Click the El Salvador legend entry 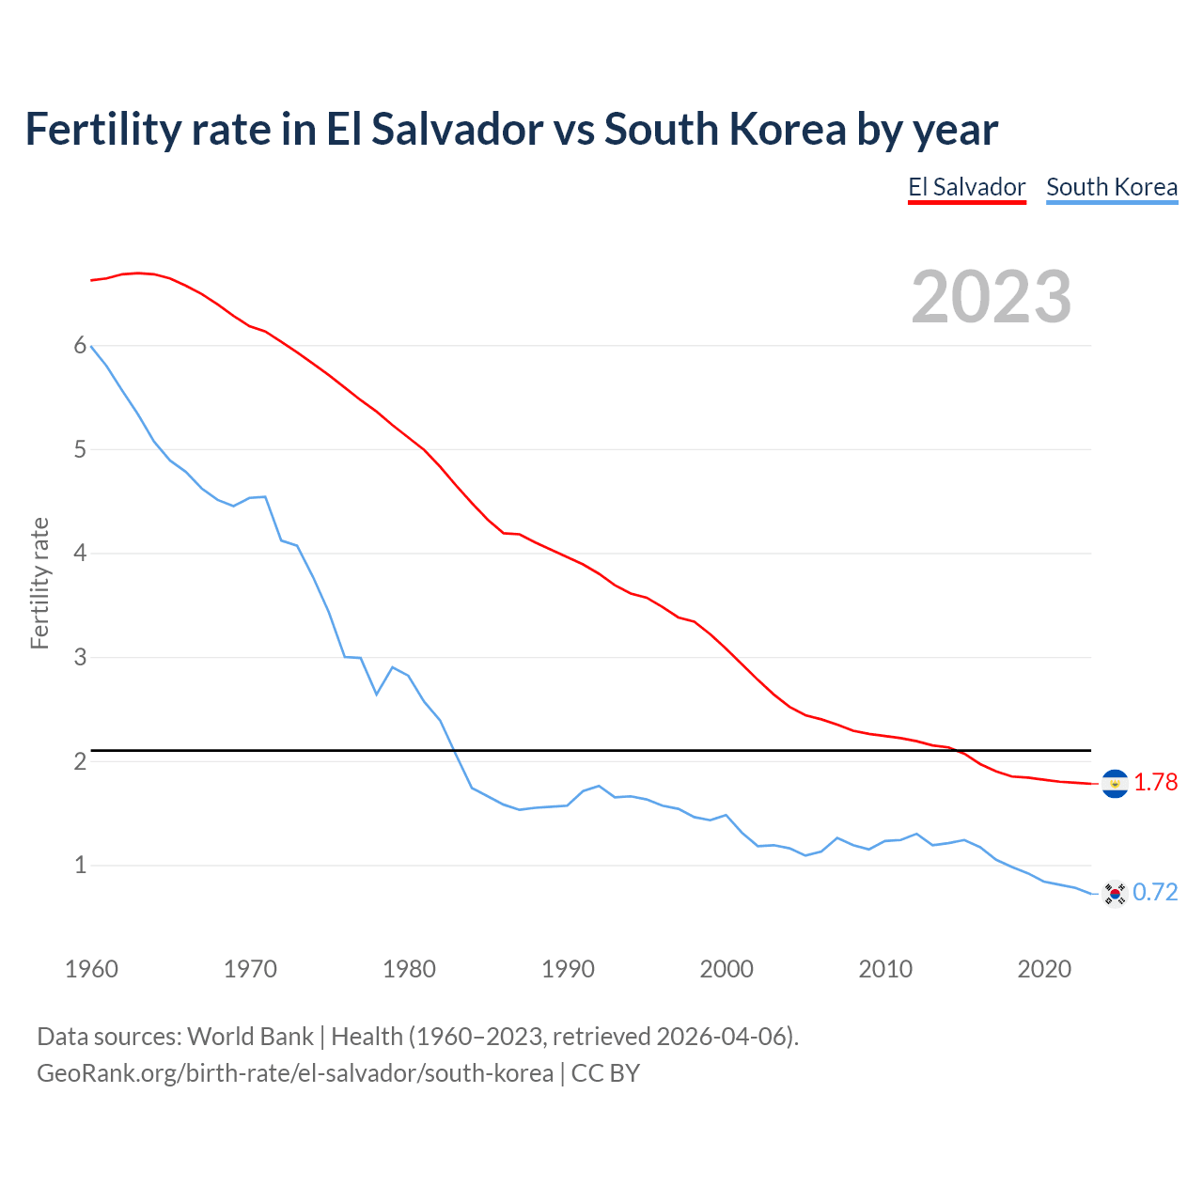click(x=966, y=187)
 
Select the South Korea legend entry click(x=1112, y=187)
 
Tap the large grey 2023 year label click(x=992, y=297)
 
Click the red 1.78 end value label click(x=1155, y=782)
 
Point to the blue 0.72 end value click(x=1155, y=892)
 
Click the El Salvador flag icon click(x=1115, y=783)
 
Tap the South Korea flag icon click(x=1115, y=893)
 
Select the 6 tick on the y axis click(x=80, y=346)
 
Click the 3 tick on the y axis click(x=80, y=657)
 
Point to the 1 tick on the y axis click(x=80, y=865)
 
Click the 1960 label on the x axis click(x=91, y=969)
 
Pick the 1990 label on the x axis click(x=568, y=969)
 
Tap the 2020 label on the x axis click(x=1044, y=969)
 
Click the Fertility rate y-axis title click(x=39, y=583)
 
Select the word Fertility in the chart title click(x=103, y=129)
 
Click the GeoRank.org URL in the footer click(x=295, y=1073)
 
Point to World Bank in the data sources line click(x=250, y=1037)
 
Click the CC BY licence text click(x=605, y=1073)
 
